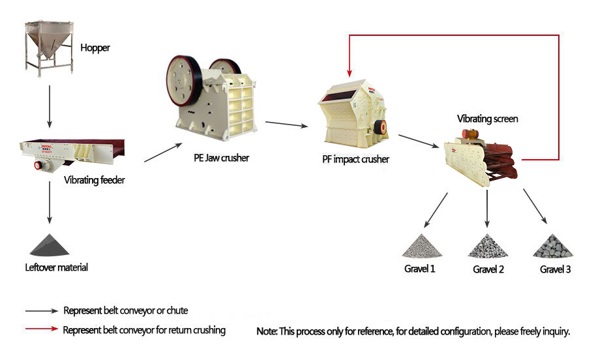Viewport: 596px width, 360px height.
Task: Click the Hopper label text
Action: pyautogui.click(x=95, y=48)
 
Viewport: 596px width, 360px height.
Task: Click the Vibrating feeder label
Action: pyautogui.click(x=94, y=180)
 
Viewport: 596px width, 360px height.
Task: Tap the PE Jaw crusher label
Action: pyautogui.click(x=222, y=158)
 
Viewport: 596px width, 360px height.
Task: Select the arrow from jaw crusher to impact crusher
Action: pyautogui.click(x=287, y=125)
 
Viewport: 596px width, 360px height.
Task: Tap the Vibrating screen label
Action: pyautogui.click(x=488, y=119)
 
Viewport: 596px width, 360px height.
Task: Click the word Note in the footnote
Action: pyautogui.click(x=267, y=332)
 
